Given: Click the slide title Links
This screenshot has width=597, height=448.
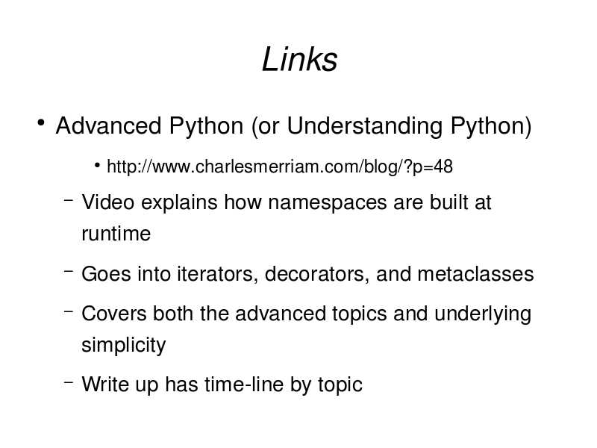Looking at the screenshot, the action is tap(300, 60).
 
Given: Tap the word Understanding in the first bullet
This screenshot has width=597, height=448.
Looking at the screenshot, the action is tap(365, 125).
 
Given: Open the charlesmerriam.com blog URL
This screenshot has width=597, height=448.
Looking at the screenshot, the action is tap(280, 167).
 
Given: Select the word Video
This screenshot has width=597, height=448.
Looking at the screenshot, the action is tap(107, 202).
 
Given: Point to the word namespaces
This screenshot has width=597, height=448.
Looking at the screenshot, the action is tap(328, 202).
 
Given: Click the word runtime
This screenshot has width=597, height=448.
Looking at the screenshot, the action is tap(116, 234).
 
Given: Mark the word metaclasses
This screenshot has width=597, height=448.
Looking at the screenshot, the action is tap(475, 274).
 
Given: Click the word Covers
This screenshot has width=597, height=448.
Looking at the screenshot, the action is tap(114, 314).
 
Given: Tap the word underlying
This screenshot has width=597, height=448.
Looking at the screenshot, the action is tap(483, 314).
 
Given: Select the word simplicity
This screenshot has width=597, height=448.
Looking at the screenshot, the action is tap(124, 345).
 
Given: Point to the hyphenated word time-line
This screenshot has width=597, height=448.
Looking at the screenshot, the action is tap(244, 384).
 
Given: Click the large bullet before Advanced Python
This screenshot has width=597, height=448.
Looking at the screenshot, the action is tap(41, 122).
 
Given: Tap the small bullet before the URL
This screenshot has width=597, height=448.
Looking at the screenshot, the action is tap(98, 165).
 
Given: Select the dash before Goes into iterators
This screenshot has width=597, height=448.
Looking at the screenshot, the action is tap(69, 271).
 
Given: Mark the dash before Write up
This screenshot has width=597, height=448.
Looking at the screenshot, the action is tap(69, 382).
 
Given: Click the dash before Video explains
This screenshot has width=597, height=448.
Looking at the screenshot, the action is tap(69, 199).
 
